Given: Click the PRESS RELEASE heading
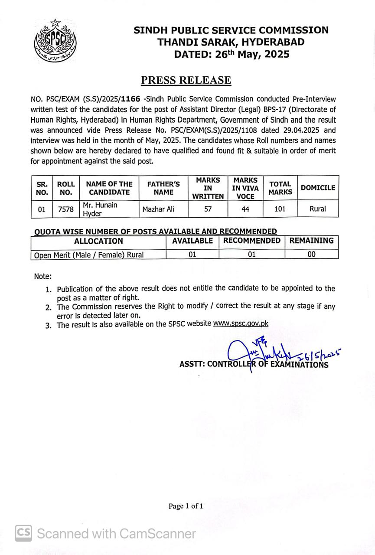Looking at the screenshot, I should (186, 81).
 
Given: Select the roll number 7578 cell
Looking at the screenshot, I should (66, 209).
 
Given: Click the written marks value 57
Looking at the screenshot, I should (208, 209).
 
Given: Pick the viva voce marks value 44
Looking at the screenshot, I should (245, 209).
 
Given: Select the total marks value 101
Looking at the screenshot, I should (280, 209).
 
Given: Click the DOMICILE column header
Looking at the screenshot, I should (318, 188).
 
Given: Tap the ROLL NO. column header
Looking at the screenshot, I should (66, 188).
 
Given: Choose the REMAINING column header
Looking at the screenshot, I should (311, 241).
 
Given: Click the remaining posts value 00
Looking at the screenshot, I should (311, 255).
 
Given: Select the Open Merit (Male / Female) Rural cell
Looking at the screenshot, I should (89, 255).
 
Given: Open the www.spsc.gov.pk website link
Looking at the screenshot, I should (241, 323).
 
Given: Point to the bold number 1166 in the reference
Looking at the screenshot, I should (131, 99).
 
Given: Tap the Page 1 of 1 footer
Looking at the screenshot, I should (186, 506).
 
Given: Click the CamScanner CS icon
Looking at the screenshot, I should (23, 533).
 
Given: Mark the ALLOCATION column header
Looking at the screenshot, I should (98, 241).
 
